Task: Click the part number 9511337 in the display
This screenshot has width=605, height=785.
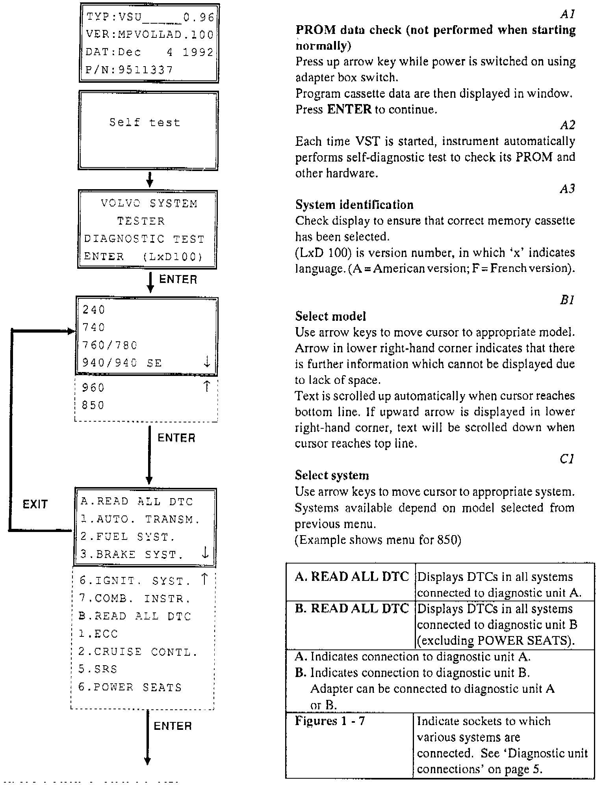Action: pyautogui.click(x=145, y=70)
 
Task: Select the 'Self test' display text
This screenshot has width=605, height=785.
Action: pyautogui.click(x=145, y=123)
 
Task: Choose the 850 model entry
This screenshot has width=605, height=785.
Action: pyautogui.click(x=93, y=406)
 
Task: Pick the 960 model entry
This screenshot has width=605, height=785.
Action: pyautogui.click(x=93, y=388)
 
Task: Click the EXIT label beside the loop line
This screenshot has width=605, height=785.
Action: pyautogui.click(x=35, y=504)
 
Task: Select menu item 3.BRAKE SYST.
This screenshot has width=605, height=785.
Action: pyautogui.click(x=132, y=554)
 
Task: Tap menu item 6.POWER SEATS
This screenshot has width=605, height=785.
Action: pyautogui.click(x=130, y=687)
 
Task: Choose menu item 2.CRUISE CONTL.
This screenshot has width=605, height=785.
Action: pyautogui.click(x=137, y=652)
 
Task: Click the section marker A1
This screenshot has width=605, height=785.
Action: pyautogui.click(x=568, y=15)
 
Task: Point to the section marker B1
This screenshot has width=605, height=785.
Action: pyautogui.click(x=567, y=301)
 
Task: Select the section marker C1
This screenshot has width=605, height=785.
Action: pyautogui.click(x=567, y=459)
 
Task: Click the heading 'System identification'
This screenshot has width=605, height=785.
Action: pyautogui.click(x=354, y=205)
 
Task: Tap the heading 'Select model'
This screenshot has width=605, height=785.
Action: pyautogui.click(x=330, y=316)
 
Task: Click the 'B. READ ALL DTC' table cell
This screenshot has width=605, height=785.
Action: pyautogui.click(x=352, y=608)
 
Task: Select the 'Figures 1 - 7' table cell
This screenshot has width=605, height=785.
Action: pyautogui.click(x=330, y=721)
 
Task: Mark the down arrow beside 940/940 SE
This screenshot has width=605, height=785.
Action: pyautogui.click(x=207, y=362)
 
